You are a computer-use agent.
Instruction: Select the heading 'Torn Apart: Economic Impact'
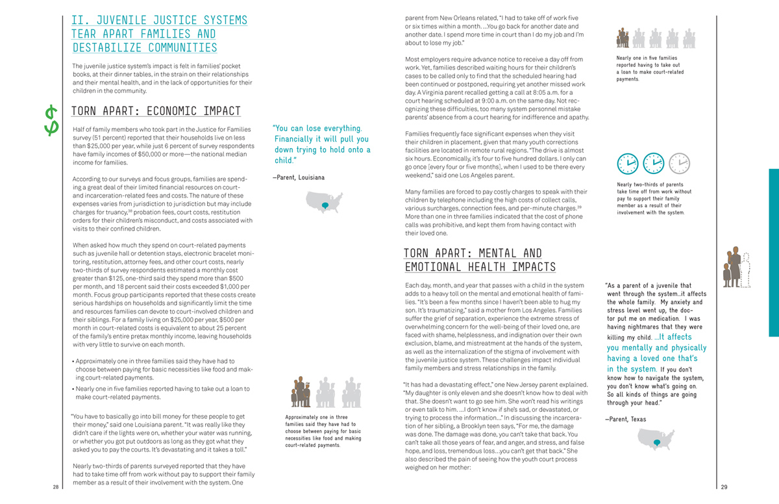(x=156, y=111)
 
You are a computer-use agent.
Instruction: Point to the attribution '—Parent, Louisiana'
(x=299, y=177)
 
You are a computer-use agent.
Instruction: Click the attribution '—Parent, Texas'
(x=625, y=419)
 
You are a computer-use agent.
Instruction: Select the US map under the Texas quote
(x=656, y=441)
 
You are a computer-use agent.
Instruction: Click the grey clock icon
(x=679, y=163)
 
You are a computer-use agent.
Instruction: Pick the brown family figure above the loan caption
(x=623, y=37)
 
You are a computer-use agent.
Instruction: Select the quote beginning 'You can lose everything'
(x=322, y=144)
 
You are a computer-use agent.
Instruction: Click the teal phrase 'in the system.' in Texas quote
(x=630, y=369)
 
